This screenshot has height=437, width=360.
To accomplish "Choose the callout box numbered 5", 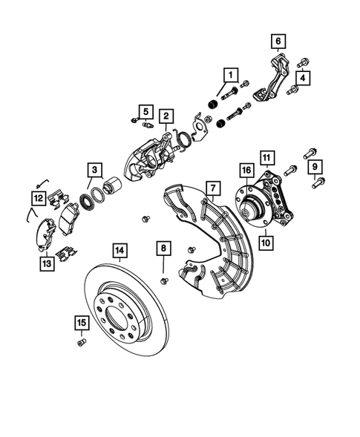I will pos(145,112).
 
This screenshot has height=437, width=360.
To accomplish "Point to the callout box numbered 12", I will pos(37,197).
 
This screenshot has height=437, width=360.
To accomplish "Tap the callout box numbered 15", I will pos(81,321).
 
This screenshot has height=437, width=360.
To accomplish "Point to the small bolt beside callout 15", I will pos(80,341).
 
